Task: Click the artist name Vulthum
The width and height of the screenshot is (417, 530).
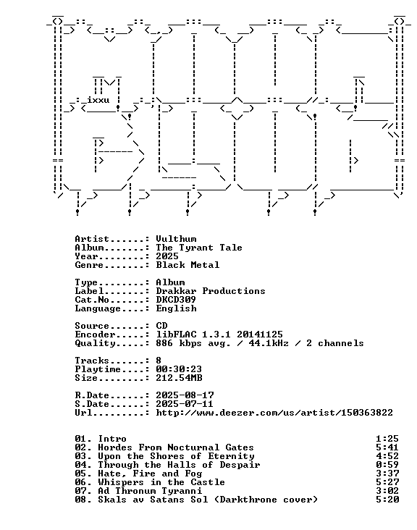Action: coord(176,239)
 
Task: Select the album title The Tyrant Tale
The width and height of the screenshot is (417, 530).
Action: coord(199,248)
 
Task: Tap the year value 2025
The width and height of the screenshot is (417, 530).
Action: coord(167,256)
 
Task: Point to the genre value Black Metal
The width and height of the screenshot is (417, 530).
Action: coord(188,265)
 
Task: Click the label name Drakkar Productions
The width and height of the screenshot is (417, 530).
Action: coord(211,291)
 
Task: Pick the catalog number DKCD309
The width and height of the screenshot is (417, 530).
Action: coord(176,300)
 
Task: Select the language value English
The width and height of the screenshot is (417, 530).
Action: coord(176,308)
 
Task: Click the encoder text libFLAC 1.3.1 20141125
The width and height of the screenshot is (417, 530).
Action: coord(219,335)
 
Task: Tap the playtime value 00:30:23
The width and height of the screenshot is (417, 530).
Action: coord(179,369)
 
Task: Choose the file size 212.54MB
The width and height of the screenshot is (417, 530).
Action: coord(179,378)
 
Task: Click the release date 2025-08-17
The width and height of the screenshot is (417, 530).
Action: coord(185,395)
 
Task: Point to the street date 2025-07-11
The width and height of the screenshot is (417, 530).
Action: coord(185,404)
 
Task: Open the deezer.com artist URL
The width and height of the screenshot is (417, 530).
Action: coord(274,413)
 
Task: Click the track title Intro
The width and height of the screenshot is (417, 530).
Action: coord(112,439)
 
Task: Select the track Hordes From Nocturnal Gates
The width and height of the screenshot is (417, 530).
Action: coord(176,447)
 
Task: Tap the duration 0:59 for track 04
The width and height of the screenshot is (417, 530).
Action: coord(387,465)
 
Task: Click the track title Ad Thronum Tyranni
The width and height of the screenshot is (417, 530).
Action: coord(150,491)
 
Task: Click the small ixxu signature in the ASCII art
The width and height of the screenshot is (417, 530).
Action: coord(98,100)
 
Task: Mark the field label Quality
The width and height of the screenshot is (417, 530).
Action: coord(95,343)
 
